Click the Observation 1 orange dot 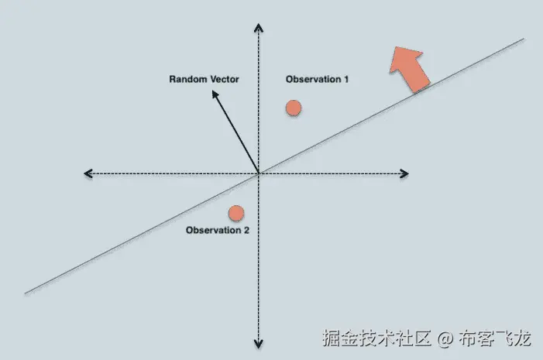294,108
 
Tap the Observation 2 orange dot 236,213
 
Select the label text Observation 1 317,79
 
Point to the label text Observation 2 218,230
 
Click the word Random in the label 187,79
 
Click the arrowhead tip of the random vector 213,91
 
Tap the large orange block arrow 409,69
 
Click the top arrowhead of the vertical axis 259,24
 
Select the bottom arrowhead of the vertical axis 259,348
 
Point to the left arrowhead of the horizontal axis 85,173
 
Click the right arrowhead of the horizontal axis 408,173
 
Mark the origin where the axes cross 259,173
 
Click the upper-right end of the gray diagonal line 524,39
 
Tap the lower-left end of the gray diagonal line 26,293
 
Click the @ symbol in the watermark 445,338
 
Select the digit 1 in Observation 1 346,79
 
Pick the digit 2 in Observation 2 246,230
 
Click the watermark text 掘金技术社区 376,338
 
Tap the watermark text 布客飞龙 495,338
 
